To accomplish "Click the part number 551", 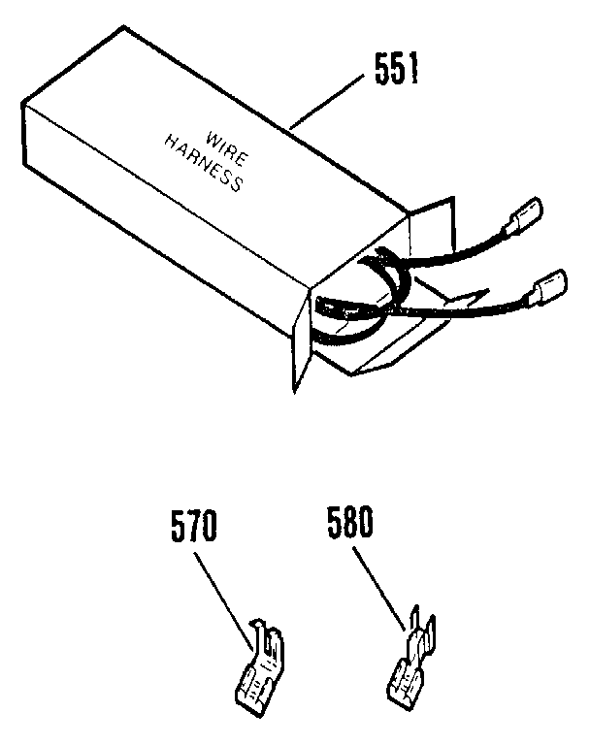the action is pyautogui.click(x=392, y=69).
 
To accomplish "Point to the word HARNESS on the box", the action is pyautogui.click(x=202, y=165).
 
